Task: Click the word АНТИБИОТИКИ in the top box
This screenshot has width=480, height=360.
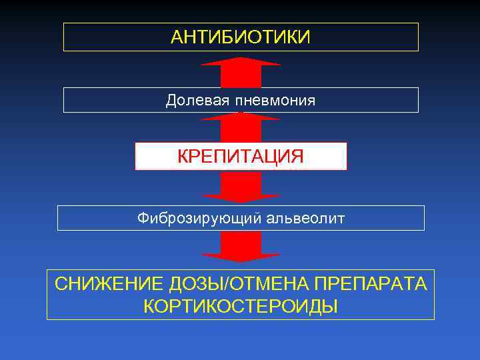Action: pyautogui.click(x=241, y=37)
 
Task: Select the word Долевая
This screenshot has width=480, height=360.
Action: pyautogui.click(x=197, y=101)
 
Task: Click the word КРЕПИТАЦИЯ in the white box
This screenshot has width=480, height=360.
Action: pyautogui.click(x=241, y=157)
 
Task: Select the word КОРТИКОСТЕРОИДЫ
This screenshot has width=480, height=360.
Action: pyautogui.click(x=241, y=306)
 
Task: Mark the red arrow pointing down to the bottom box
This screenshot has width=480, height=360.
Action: pyautogui.click(x=241, y=248)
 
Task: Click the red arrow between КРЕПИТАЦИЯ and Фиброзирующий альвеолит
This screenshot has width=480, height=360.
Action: pyautogui.click(x=241, y=187)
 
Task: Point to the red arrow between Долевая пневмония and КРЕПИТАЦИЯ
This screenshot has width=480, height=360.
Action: pyautogui.click(x=241, y=127)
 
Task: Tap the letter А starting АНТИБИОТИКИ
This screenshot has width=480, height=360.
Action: pyautogui.click(x=177, y=37)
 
